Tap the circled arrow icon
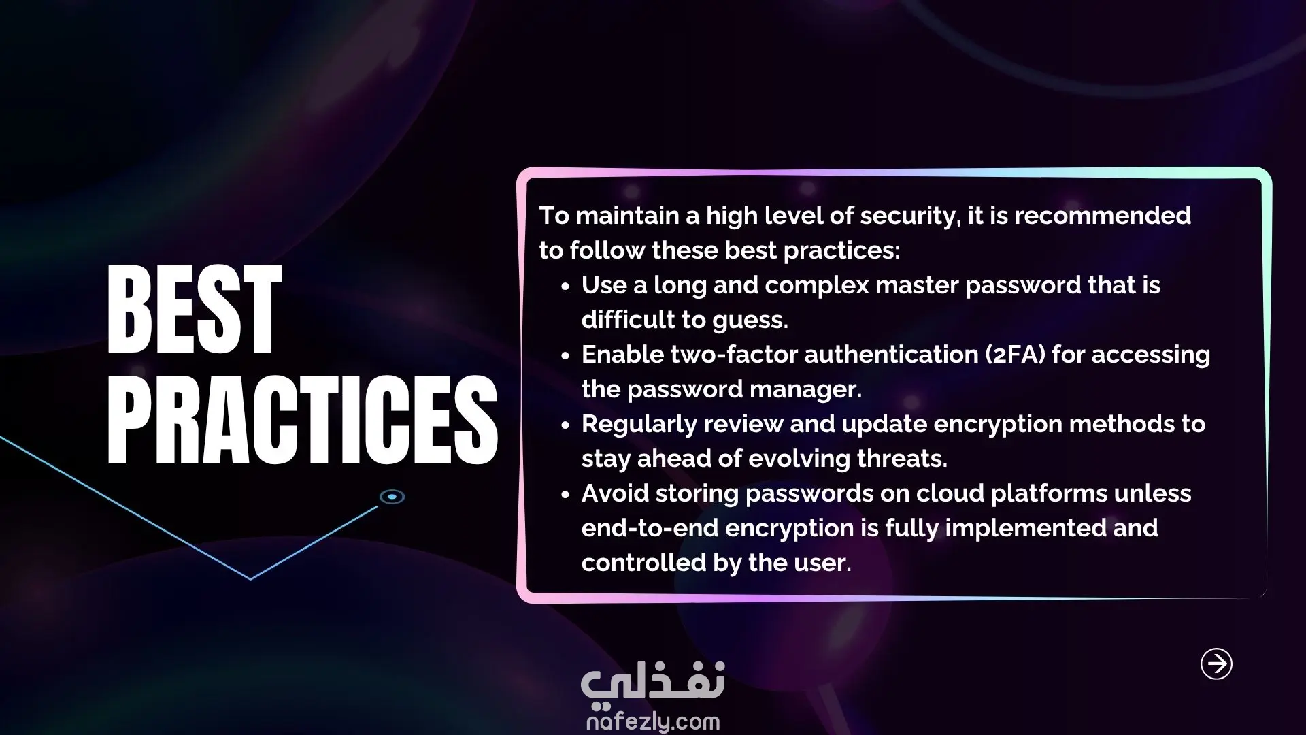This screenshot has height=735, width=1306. (x=1216, y=664)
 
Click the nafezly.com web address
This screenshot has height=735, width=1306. (x=653, y=721)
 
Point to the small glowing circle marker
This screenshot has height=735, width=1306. (x=392, y=497)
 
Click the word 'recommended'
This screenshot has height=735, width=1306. (x=1103, y=215)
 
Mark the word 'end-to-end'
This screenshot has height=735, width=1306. (x=650, y=527)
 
